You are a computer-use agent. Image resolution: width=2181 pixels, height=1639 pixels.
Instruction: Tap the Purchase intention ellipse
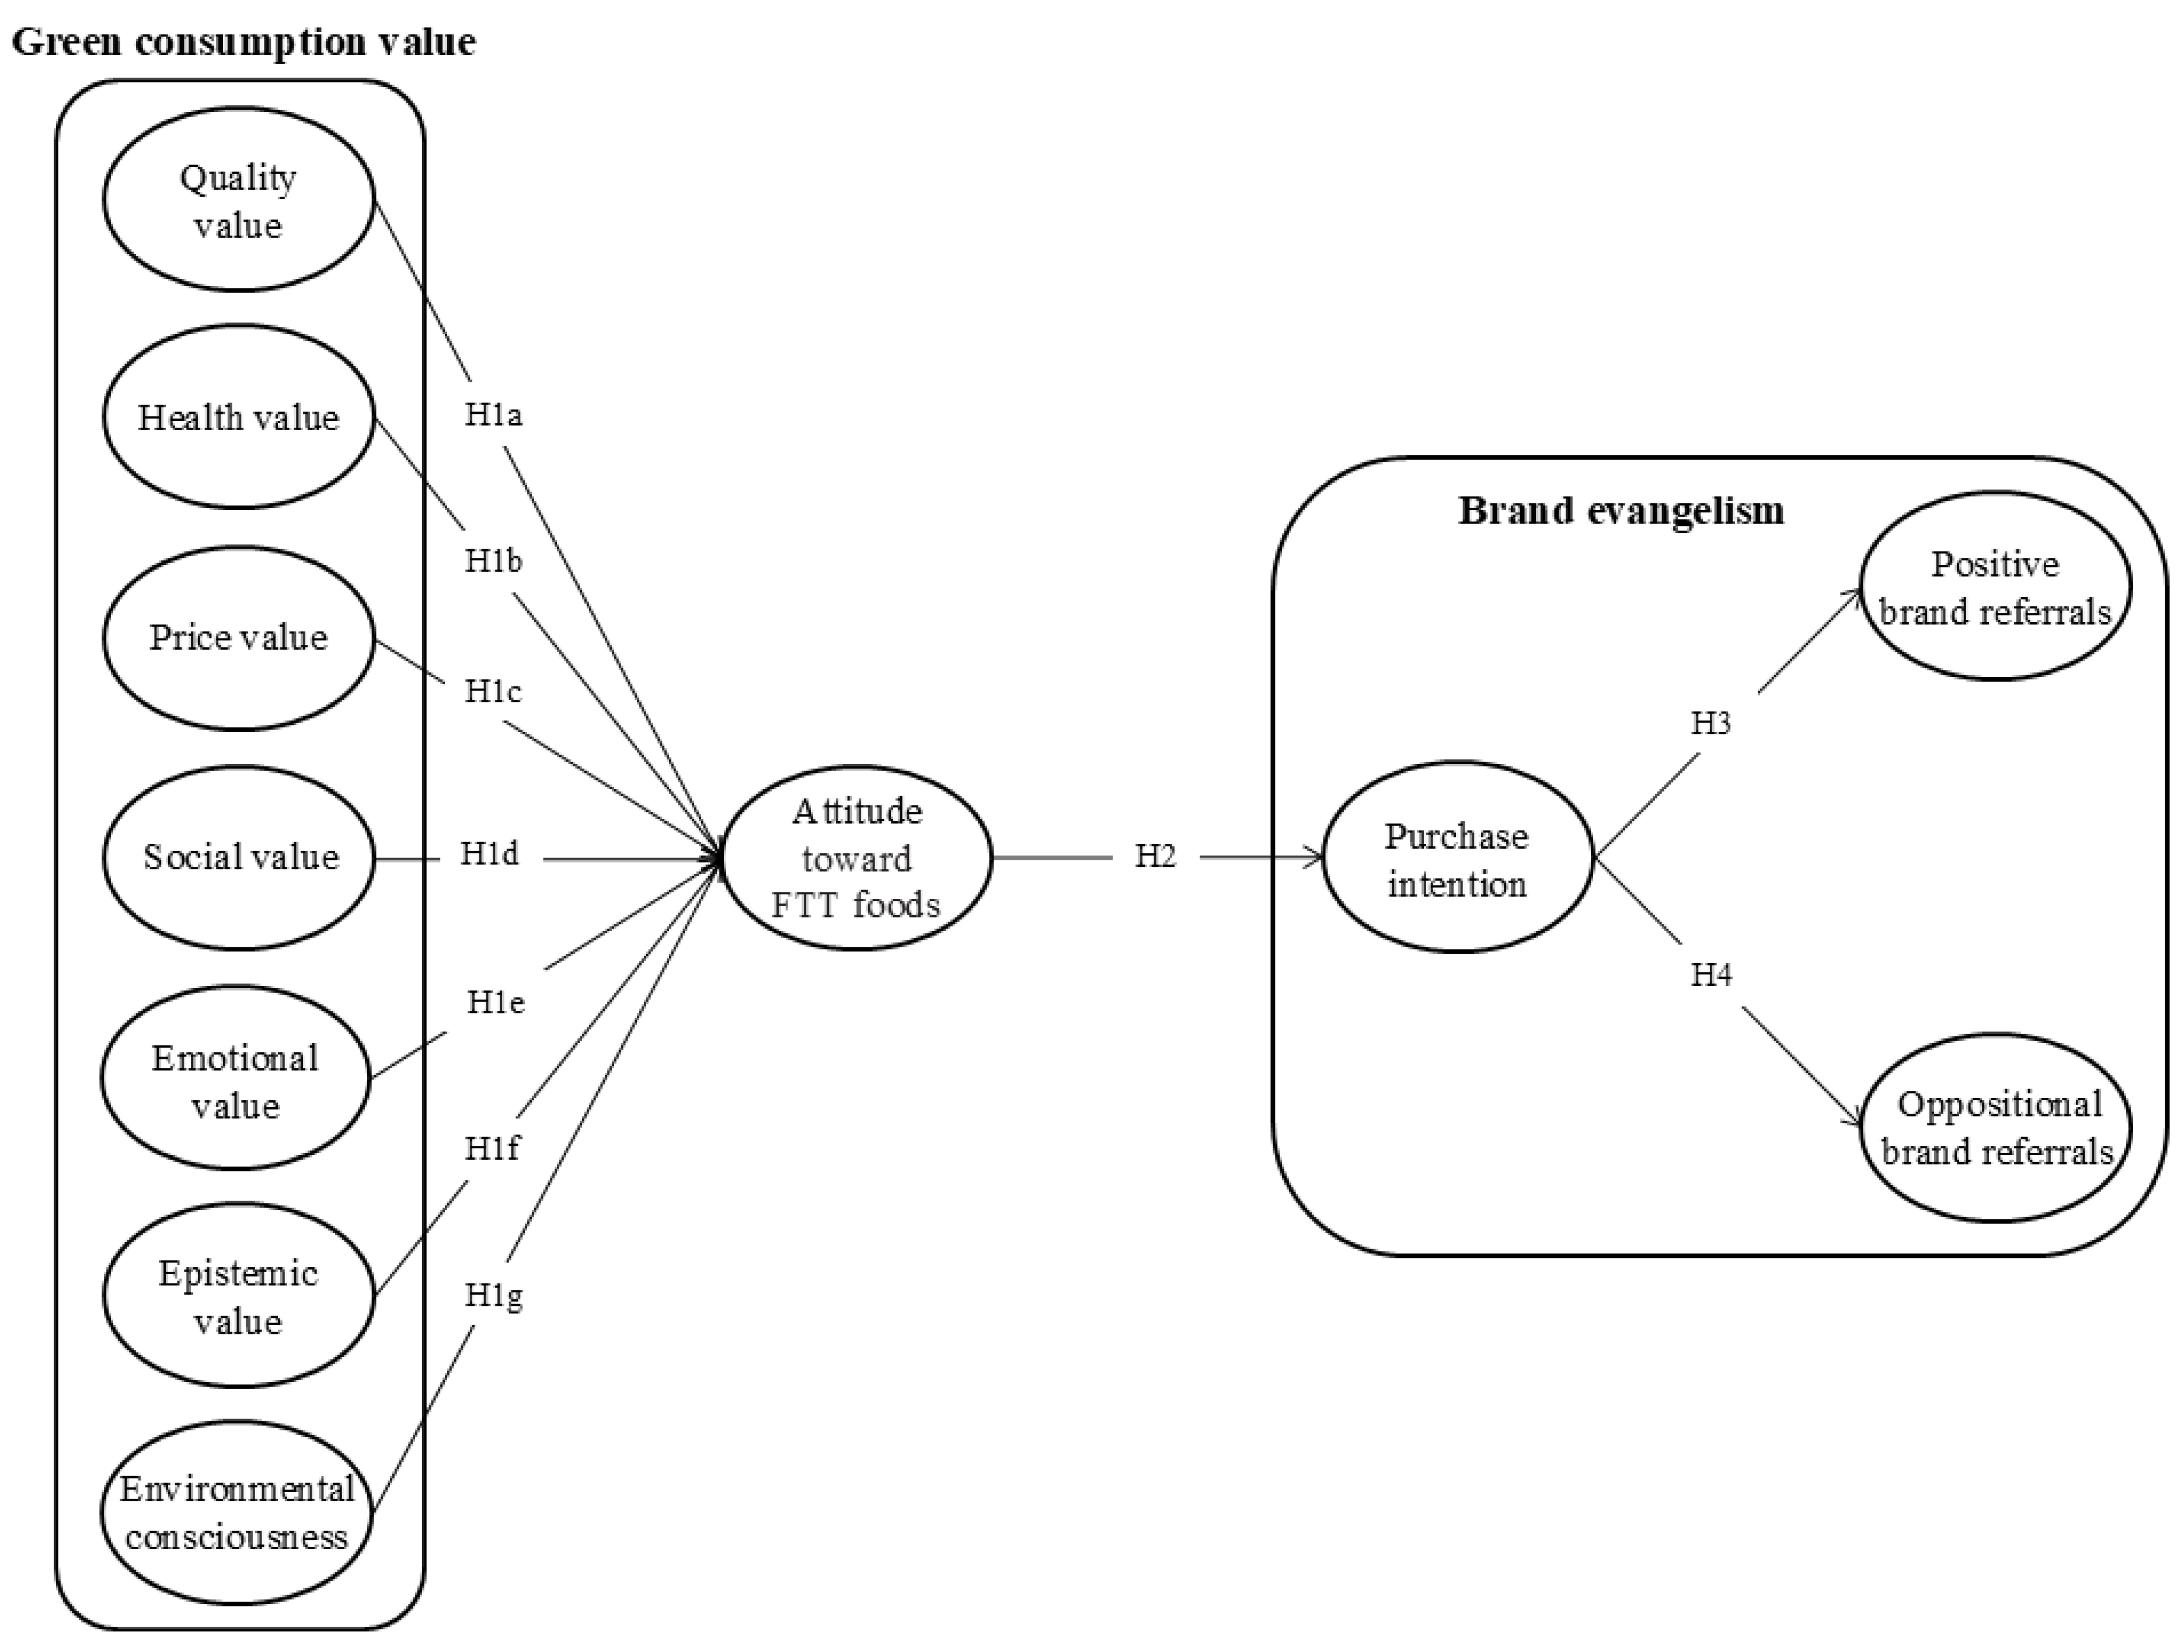click(x=1457, y=859)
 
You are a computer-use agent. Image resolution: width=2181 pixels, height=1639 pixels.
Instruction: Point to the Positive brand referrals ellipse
click(x=1995, y=587)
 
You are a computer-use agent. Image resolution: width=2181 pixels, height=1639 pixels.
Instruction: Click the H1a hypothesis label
click(x=493, y=415)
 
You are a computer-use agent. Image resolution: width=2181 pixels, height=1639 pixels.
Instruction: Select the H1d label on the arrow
click(x=489, y=853)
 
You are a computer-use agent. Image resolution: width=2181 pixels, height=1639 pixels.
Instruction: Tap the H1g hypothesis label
click(x=493, y=1295)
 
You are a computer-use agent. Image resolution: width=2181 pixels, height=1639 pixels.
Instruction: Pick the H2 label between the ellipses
click(x=1155, y=856)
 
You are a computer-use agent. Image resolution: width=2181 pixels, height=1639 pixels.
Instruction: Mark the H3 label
click(x=1710, y=723)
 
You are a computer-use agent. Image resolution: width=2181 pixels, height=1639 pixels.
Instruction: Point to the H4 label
click(x=1710, y=975)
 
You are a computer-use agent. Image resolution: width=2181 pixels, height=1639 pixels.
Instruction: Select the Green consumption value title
click(x=243, y=41)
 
